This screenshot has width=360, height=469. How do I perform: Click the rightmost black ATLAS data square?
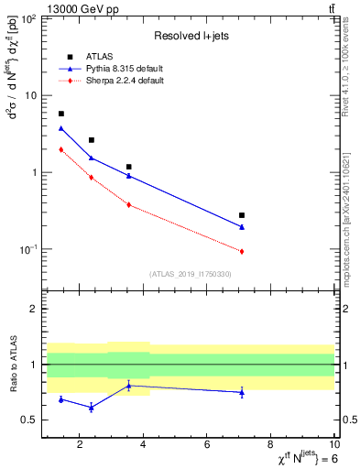(x=242, y=215)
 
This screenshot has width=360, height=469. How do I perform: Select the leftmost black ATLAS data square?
(x=61, y=114)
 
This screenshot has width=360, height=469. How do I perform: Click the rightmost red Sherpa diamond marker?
(x=242, y=251)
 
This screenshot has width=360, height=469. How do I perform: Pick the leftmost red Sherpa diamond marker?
(x=61, y=149)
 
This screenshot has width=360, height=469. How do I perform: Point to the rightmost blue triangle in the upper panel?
(x=242, y=226)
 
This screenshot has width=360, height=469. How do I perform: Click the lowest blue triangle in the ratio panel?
(x=91, y=407)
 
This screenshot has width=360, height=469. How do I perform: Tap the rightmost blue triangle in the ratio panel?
(x=242, y=392)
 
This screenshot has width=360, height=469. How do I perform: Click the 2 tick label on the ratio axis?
(x=34, y=310)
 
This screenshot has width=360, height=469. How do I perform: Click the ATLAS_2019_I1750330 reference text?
(x=191, y=274)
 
